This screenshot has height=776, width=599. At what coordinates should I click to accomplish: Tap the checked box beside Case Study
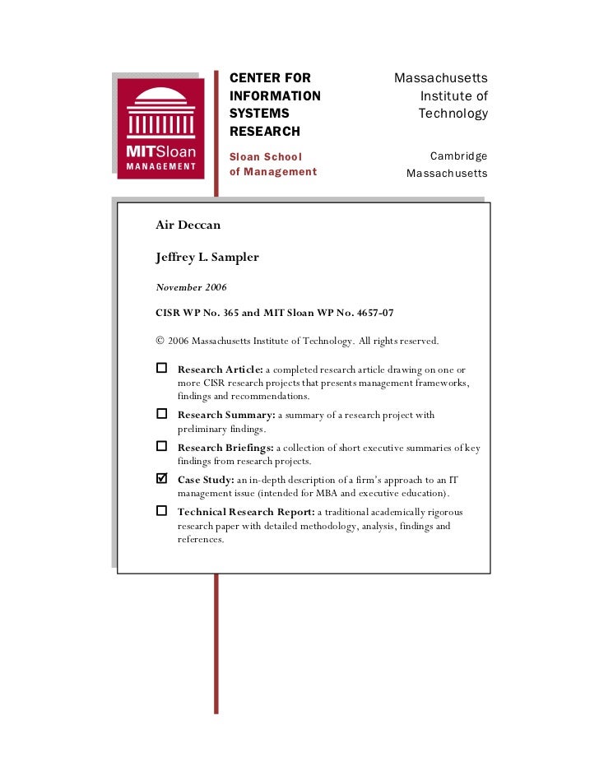(x=161, y=478)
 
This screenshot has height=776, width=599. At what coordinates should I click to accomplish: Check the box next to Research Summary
(x=161, y=413)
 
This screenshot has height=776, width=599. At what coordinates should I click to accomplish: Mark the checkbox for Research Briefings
(x=161, y=446)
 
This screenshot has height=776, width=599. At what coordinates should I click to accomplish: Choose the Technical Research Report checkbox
(x=161, y=511)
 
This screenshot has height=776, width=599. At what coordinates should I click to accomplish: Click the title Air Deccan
(x=188, y=225)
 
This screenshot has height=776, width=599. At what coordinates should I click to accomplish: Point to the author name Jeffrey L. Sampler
(x=207, y=257)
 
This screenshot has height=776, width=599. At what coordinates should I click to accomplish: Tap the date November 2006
(x=191, y=287)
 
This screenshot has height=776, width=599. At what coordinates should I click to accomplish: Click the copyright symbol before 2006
(x=160, y=341)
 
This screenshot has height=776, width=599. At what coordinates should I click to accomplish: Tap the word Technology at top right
(x=453, y=114)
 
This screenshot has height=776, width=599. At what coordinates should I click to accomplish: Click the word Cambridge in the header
(x=458, y=156)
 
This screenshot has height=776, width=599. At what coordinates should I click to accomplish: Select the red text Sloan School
(x=265, y=156)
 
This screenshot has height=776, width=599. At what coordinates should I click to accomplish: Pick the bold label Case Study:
(x=206, y=479)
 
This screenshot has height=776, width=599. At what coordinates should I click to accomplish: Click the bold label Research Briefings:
(x=225, y=447)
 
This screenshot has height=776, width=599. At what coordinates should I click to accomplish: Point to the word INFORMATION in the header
(x=275, y=96)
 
